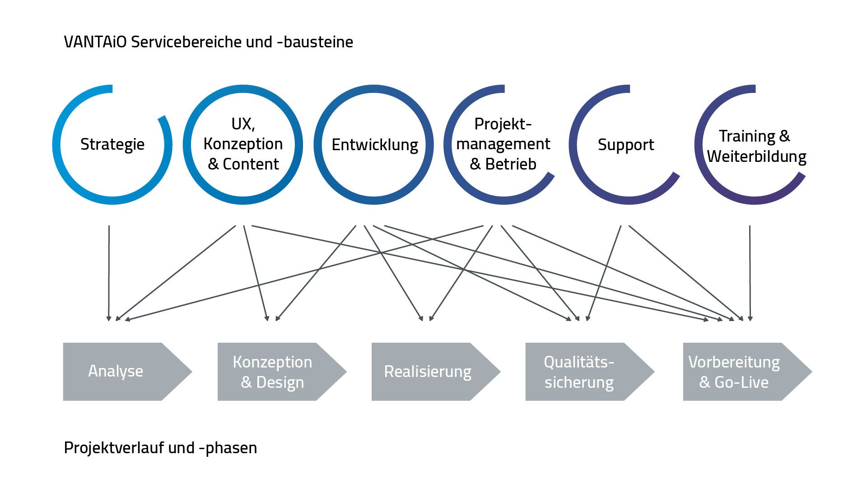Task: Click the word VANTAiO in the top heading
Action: (x=95, y=42)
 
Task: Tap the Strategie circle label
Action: (x=112, y=144)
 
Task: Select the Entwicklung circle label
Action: (x=375, y=145)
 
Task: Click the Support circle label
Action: (x=626, y=145)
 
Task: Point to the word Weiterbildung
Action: (x=757, y=156)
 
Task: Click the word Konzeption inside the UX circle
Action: (x=243, y=144)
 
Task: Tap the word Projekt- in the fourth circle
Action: (x=503, y=124)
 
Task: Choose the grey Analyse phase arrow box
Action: (x=122, y=372)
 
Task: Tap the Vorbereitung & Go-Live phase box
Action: (x=741, y=372)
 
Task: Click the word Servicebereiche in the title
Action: (x=188, y=42)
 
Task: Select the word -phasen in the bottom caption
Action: (x=228, y=448)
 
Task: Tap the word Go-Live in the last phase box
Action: (x=741, y=382)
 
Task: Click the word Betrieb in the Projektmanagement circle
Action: (x=511, y=164)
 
